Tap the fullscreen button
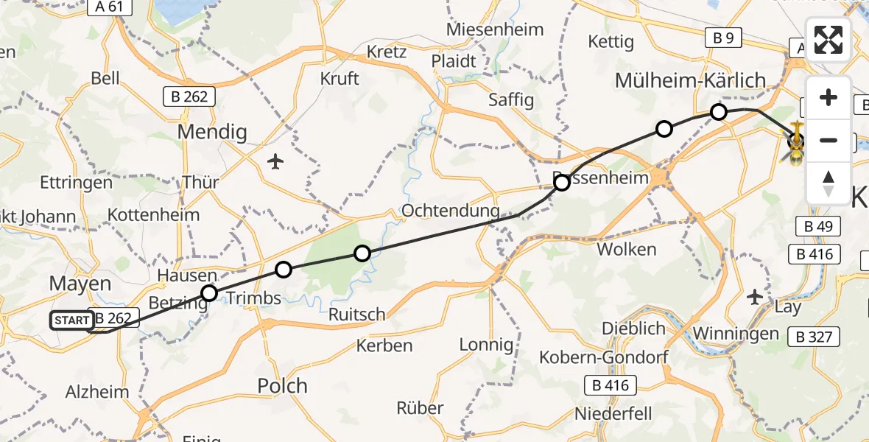tap(828, 40)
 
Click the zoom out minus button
tap(828, 140)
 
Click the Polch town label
tap(283, 386)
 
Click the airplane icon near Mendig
tap(275, 161)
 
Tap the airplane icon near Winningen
tap(755, 296)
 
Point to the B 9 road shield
tap(722, 38)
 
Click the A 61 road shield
tap(109, 7)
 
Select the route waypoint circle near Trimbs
tap(284, 270)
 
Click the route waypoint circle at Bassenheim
tap(562, 182)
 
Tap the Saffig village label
tap(511, 99)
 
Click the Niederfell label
tap(615, 414)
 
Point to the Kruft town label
tap(339, 78)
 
